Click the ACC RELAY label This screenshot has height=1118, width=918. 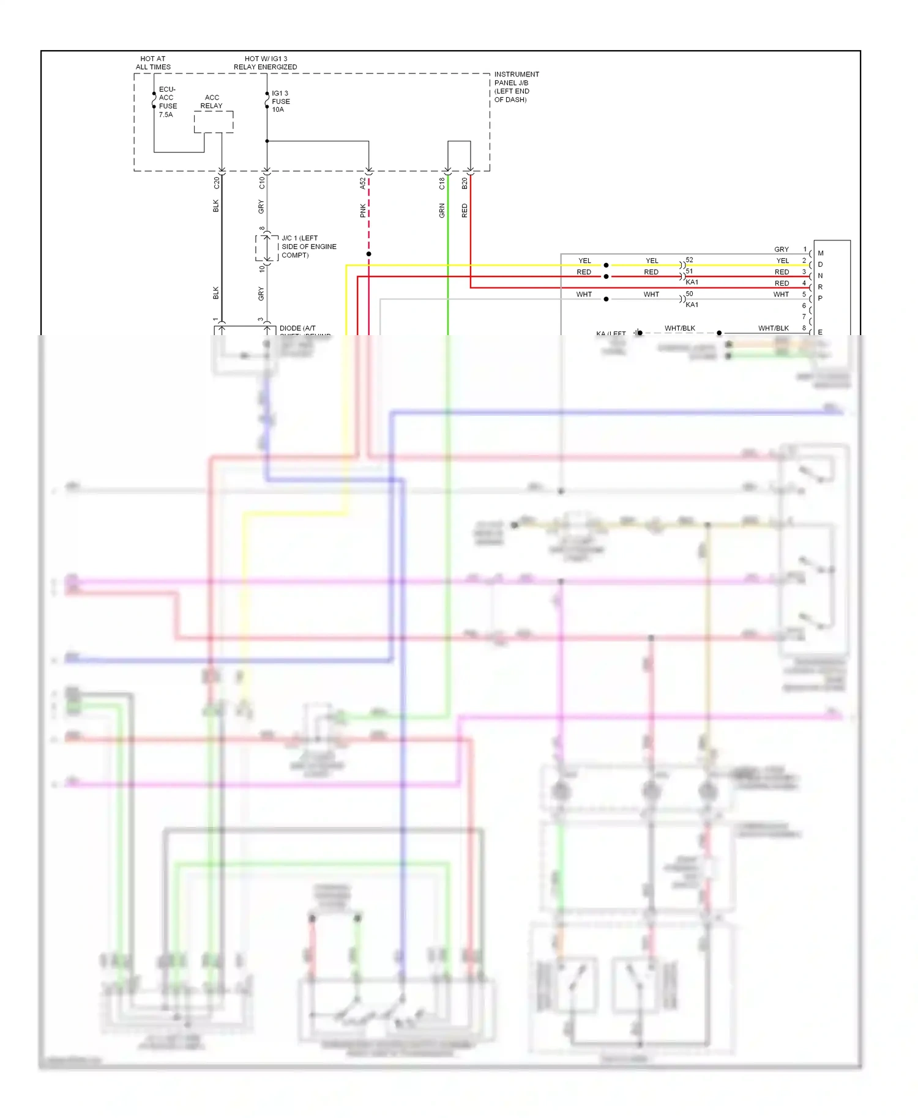coord(212,102)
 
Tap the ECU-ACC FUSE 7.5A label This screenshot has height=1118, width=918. coord(167,102)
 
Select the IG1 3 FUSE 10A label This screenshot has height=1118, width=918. coord(280,102)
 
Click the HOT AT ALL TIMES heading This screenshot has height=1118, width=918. coord(153,63)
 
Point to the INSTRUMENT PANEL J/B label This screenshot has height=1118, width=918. coord(516,87)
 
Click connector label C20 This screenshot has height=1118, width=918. coord(216,182)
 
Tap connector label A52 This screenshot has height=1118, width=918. coord(362,183)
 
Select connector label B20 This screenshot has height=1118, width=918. coord(465,183)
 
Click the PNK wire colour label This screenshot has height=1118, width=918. coord(362,210)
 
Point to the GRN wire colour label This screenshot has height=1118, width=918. coord(442,211)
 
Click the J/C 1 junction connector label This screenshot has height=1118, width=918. coord(308,246)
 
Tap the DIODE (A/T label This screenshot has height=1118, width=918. coord(297,328)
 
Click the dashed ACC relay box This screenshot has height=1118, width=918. coord(214,122)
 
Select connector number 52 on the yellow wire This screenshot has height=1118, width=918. coord(689,260)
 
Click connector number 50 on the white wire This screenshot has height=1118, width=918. coord(689,294)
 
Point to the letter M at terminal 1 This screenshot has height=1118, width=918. coord(821,253)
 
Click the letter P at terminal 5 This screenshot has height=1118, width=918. coord(820,298)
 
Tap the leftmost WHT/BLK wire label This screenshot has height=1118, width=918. coord(679,328)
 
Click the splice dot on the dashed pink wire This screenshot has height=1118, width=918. coord(368,254)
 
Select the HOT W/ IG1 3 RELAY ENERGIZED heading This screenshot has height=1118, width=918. coord(265,63)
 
